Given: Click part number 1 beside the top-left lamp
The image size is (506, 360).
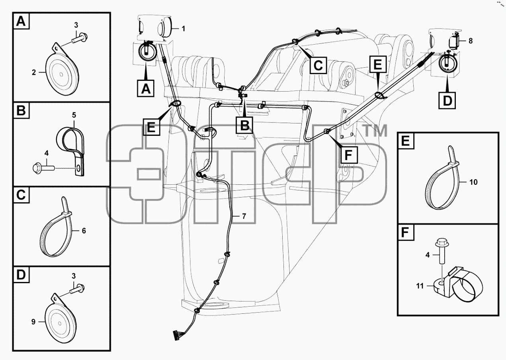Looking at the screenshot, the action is (x=183, y=29).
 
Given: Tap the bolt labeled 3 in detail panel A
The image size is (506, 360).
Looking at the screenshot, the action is (x=80, y=38).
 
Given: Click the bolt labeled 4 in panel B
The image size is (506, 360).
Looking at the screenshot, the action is (x=43, y=168).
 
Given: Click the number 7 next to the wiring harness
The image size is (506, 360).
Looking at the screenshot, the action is (x=244, y=216).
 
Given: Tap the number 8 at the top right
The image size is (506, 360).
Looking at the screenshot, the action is (x=470, y=41).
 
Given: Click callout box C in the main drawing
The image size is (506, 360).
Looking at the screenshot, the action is (x=318, y=65).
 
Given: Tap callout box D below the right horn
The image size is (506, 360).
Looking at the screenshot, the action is (x=447, y=100).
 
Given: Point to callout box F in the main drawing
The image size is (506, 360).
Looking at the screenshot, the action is (x=349, y=155).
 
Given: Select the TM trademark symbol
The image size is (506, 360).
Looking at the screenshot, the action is (x=376, y=131).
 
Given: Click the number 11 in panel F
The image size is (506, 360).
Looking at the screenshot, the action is (x=420, y=286).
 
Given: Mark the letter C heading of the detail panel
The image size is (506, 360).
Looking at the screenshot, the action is (x=21, y=195).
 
